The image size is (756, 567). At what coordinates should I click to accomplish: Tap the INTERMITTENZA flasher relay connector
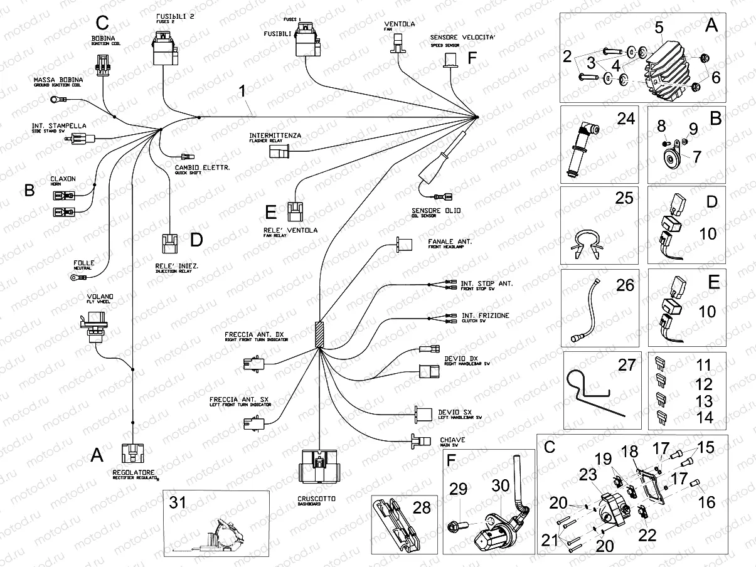pyautogui.click(x=277, y=152)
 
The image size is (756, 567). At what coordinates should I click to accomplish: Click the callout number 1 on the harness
pyautogui.click(x=243, y=92)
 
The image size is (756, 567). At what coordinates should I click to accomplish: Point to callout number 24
pyautogui.click(x=625, y=118)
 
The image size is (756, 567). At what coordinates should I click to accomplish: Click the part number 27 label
pyautogui.click(x=627, y=364)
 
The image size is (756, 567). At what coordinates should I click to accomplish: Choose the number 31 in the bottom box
pyautogui.click(x=178, y=502)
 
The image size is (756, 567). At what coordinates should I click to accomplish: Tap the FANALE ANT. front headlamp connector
pyautogui.click(x=403, y=243)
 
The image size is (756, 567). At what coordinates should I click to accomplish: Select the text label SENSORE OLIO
pyautogui.click(x=435, y=210)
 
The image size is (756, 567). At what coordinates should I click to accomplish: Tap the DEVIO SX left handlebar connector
pyautogui.click(x=422, y=413)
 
